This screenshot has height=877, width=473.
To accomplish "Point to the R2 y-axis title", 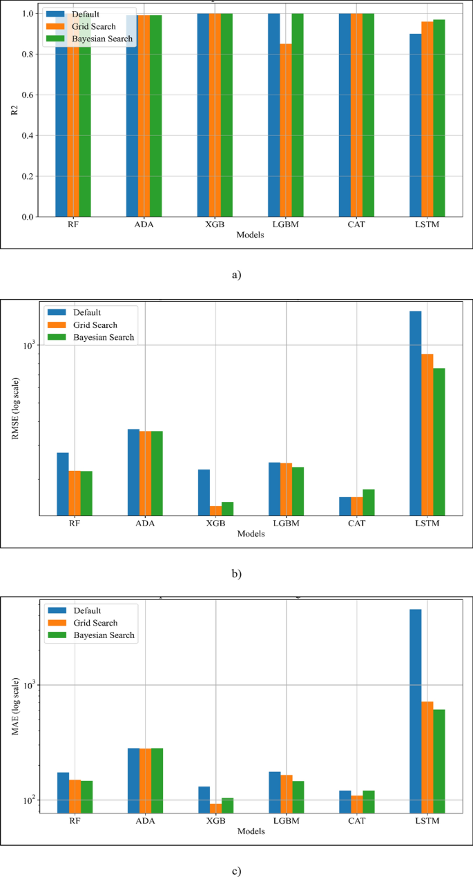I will pyautogui.click(x=14, y=115).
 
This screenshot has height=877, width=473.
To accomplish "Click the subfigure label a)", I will pyautogui.click(x=236, y=275).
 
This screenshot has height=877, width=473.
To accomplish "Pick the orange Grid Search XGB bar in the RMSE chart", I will pyautogui.click(x=215, y=510).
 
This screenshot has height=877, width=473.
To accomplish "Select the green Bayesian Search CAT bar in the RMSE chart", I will pyautogui.click(x=369, y=502).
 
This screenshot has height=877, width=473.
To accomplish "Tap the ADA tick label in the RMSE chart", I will pyautogui.click(x=145, y=523).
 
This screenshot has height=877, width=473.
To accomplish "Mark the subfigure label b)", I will pyautogui.click(x=236, y=573).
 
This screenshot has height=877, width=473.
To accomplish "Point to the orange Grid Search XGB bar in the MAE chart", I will pyautogui.click(x=215, y=807).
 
